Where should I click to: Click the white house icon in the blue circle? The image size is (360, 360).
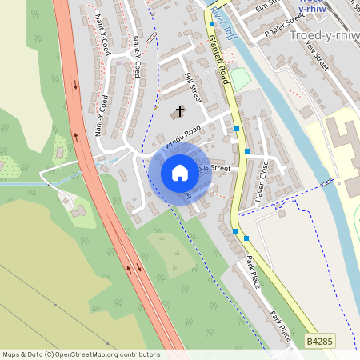click(180, 172)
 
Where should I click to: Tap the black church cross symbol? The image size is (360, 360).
click(179, 111)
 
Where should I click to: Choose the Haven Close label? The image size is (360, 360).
click(265, 180)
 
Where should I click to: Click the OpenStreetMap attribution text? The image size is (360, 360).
click(80, 354)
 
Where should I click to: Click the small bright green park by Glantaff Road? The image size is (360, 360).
click(240, 79)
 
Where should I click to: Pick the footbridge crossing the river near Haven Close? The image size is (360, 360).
click(326, 183)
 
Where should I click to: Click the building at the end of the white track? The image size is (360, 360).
click(78, 210)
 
